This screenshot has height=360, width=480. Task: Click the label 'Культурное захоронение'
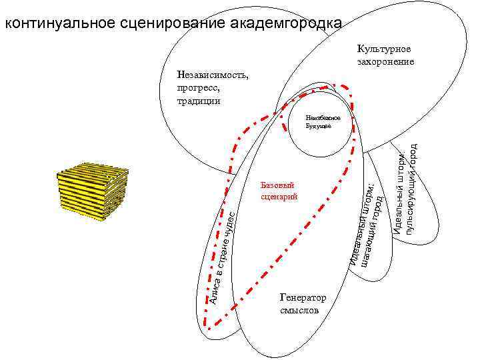coord(385,55)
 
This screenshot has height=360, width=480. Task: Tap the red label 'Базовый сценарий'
coord(278,191)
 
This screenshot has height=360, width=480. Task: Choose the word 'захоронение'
coord(385,61)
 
